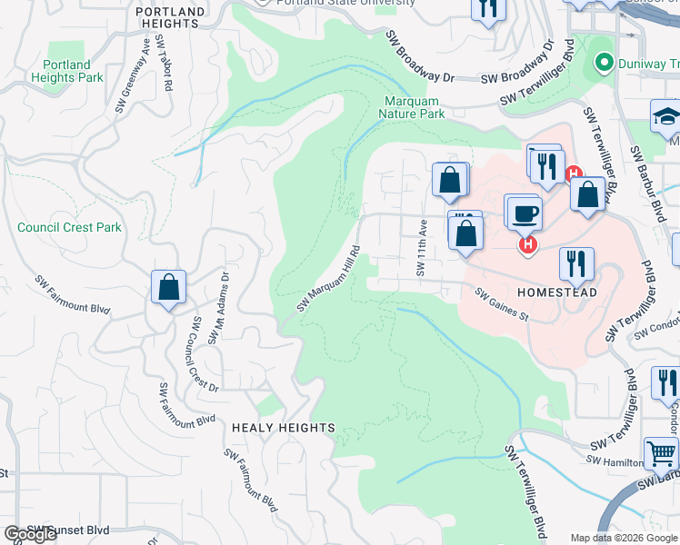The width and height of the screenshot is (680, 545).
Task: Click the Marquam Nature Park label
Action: [414, 108]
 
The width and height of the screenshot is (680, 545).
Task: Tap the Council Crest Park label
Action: [69, 227]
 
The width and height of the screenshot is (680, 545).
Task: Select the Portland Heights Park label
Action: [67, 72]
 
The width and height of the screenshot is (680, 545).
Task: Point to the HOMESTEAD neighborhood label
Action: [555, 294]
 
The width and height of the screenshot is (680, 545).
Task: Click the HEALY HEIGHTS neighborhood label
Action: [283, 427]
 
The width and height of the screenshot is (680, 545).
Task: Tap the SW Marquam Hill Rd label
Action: [329, 278]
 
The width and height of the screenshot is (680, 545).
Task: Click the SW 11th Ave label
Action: [421, 247]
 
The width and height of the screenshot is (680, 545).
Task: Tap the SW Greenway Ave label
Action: [133, 74]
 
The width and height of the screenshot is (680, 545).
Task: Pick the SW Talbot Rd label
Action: [164, 63]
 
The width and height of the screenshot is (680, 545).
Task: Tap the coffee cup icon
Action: [524, 213]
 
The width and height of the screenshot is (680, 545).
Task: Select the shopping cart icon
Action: [662, 451]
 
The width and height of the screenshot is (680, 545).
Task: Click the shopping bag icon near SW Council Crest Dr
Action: [169, 287]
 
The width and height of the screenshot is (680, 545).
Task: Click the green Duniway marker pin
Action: [602, 63]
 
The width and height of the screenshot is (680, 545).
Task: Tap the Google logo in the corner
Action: [30, 534]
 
